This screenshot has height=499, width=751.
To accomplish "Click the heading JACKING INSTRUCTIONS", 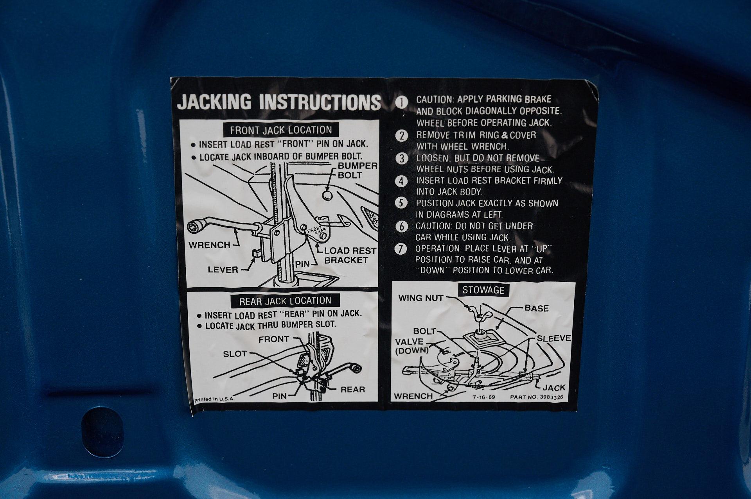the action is click(279, 102).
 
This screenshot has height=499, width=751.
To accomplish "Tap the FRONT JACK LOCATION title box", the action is click(281, 130).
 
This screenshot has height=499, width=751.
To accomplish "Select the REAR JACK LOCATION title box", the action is click(285, 300).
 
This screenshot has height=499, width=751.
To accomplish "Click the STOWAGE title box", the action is click(483, 290).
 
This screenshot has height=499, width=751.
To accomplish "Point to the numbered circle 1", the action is click(402, 102).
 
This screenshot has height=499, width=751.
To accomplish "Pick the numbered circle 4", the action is click(402, 182).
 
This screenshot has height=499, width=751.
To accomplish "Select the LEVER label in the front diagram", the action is click(223, 270).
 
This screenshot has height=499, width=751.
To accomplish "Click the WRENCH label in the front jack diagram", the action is click(210, 245).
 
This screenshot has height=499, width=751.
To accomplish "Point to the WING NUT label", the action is click(421, 298).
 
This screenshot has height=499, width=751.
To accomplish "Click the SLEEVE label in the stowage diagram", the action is click(554, 338).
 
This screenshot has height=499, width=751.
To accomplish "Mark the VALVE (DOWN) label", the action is click(411, 346).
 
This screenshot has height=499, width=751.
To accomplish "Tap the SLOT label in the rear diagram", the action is click(235, 354).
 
